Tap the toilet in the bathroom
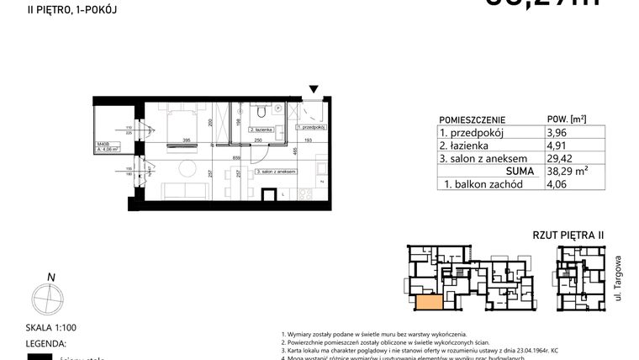(x=262, y=111)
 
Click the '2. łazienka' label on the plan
(x=243, y=131)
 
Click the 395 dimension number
(x=188, y=141)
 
